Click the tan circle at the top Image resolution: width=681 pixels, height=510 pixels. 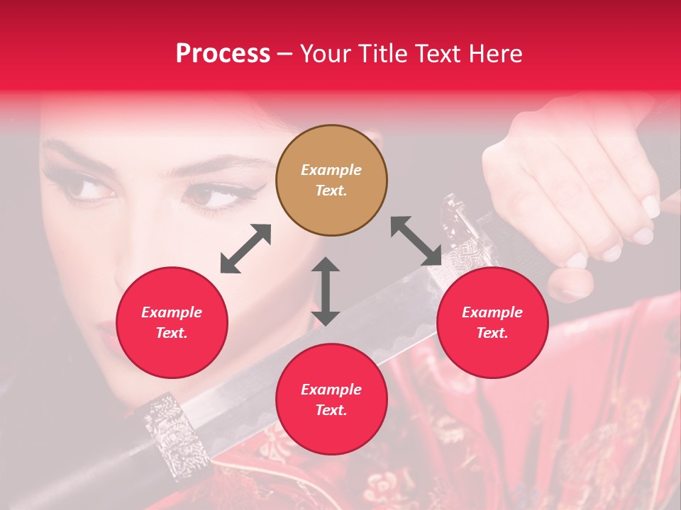331,181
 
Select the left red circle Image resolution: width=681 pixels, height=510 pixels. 172,323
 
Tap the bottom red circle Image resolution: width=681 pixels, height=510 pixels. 331,399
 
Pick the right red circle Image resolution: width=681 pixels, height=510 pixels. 492,323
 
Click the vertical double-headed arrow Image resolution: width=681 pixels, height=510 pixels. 326,291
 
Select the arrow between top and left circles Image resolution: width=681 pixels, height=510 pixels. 245,249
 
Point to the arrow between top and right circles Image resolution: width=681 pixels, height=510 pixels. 416,242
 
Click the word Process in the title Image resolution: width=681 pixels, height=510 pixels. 223,53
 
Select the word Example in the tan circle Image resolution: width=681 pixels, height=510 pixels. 331,170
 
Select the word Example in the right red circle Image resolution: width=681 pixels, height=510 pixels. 492,312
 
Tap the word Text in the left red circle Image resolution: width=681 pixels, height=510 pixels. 171,333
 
